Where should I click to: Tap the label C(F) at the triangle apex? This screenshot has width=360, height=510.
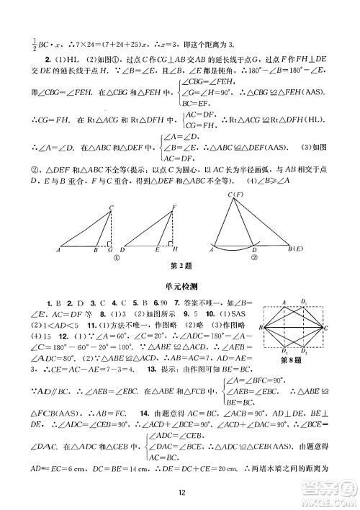234,195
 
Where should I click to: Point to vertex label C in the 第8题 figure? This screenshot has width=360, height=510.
326,327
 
